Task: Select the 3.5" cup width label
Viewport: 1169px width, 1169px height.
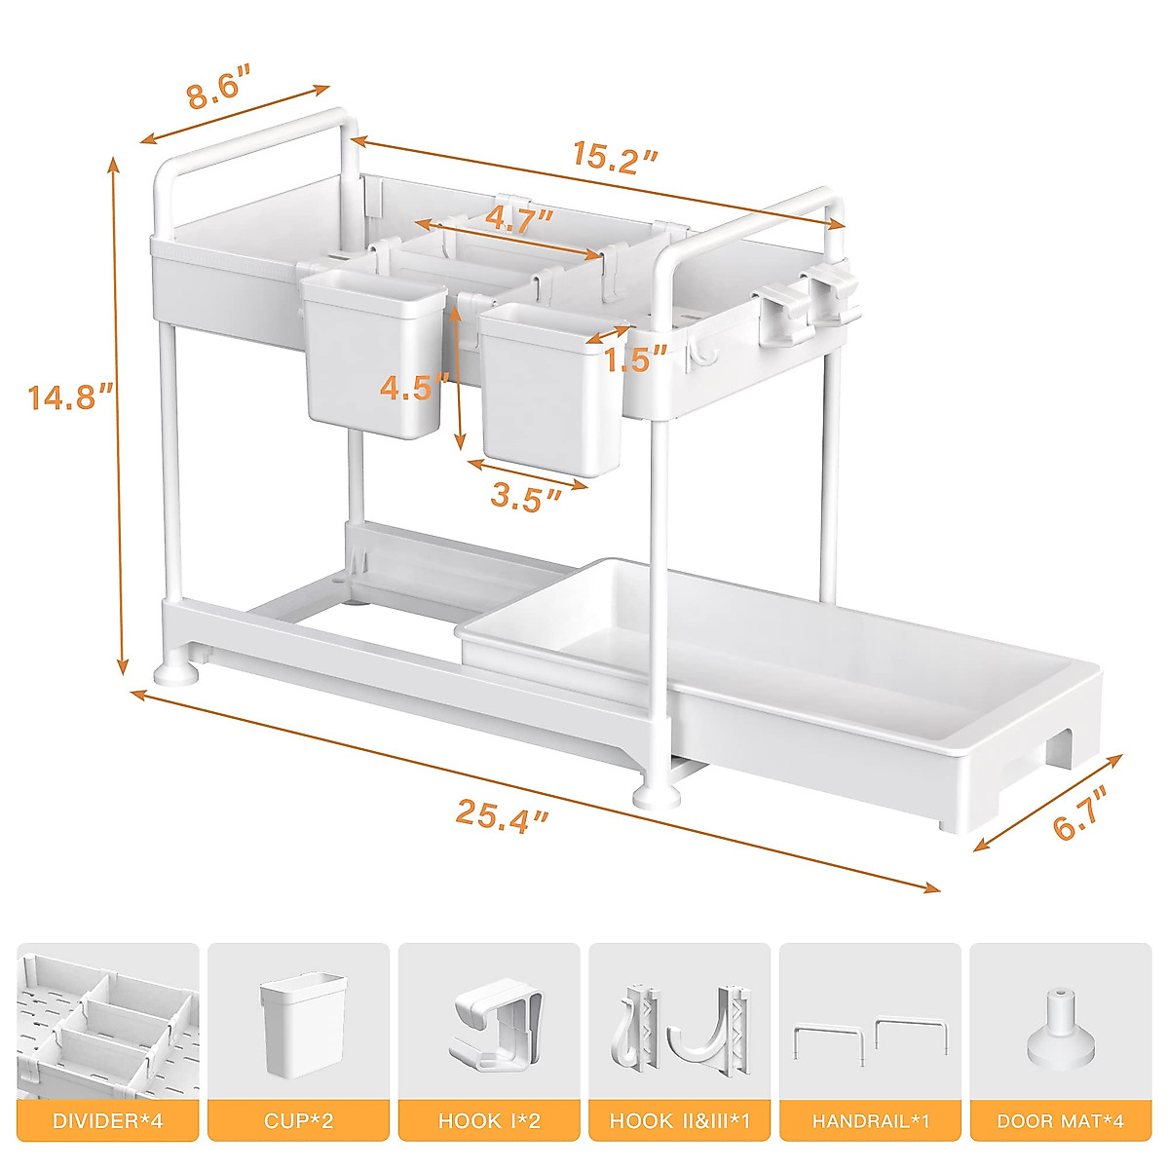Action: point(526,497)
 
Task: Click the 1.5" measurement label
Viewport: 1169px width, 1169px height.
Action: point(635,359)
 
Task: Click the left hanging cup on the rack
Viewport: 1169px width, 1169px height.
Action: point(373,356)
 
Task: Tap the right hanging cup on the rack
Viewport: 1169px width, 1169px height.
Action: point(550,390)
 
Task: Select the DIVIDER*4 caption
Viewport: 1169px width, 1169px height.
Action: point(108,1121)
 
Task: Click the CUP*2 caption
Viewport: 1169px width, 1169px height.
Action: point(298,1121)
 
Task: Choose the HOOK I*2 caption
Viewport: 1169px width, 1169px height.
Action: point(489,1121)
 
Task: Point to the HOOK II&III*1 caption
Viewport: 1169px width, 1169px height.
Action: point(680,1121)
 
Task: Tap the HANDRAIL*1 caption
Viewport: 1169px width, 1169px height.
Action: point(870,1121)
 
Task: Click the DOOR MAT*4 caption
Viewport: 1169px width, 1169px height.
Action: point(1061,1121)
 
